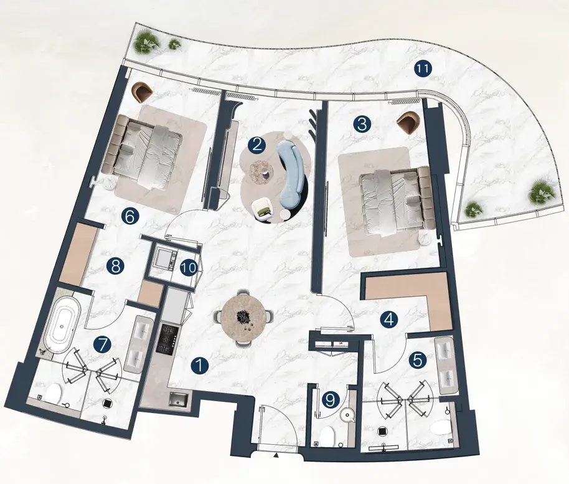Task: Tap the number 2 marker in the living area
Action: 256,146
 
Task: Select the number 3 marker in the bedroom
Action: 362,125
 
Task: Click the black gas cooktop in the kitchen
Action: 167,338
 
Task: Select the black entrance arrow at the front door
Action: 276,455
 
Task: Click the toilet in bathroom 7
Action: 52,394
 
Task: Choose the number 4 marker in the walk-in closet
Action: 388,320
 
